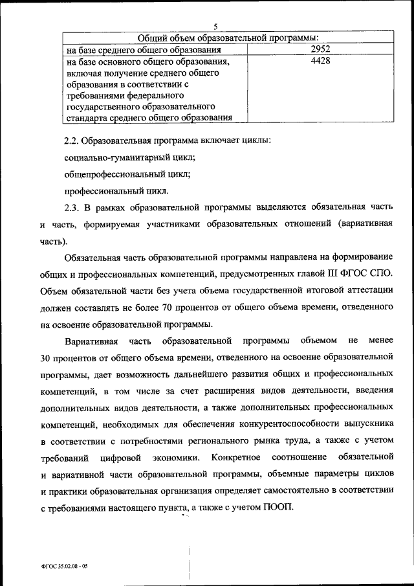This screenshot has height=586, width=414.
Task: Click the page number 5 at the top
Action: click(x=215, y=27)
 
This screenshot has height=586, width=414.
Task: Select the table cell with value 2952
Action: click(x=320, y=49)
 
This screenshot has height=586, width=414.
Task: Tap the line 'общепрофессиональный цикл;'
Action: click(x=127, y=174)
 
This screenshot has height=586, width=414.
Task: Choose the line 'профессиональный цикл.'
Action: click(x=117, y=190)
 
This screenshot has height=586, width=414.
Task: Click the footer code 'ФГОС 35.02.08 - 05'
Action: click(x=63, y=565)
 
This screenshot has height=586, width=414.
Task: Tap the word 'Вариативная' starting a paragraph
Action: click(x=91, y=341)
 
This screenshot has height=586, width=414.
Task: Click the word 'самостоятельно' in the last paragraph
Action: click(x=259, y=491)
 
